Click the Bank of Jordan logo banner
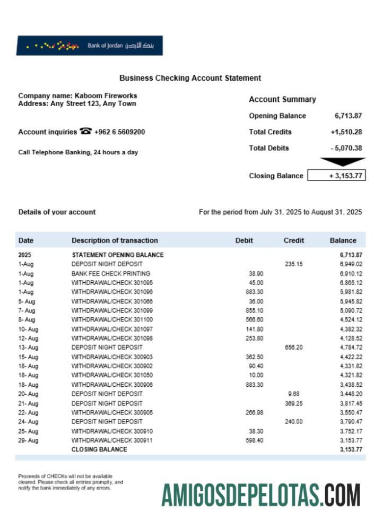coord(89,46)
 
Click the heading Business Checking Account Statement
coord(190,78)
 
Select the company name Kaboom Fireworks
coord(106,96)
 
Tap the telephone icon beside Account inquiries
coord(85,132)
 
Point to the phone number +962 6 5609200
coord(119,132)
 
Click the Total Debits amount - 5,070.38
coord(346,148)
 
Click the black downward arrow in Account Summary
coord(342,162)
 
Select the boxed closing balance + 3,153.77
coord(336,176)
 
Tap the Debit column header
coord(244,240)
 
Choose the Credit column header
coord(294,240)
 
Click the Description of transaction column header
coord(115,240)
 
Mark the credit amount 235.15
coord(293,264)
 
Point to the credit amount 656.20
coord(293,348)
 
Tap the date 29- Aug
coord(28,440)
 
